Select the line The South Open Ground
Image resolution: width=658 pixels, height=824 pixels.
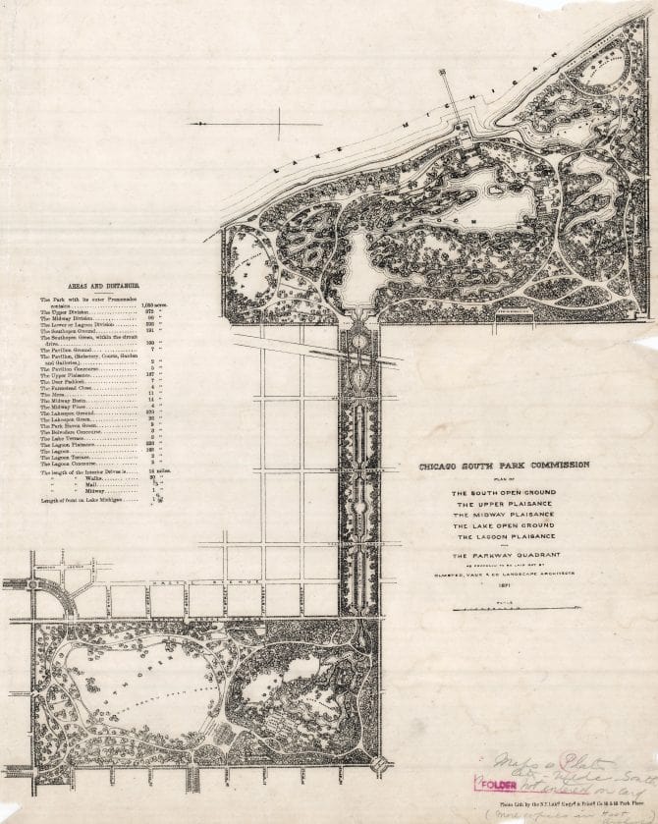point(503,492)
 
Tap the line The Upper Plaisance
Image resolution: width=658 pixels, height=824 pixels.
point(503,503)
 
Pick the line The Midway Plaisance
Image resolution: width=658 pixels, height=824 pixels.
point(503,514)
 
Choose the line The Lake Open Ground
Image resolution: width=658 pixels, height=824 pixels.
point(503,525)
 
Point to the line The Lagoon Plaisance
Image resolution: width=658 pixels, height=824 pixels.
point(503,536)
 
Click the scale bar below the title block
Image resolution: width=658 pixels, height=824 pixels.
point(503,610)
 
